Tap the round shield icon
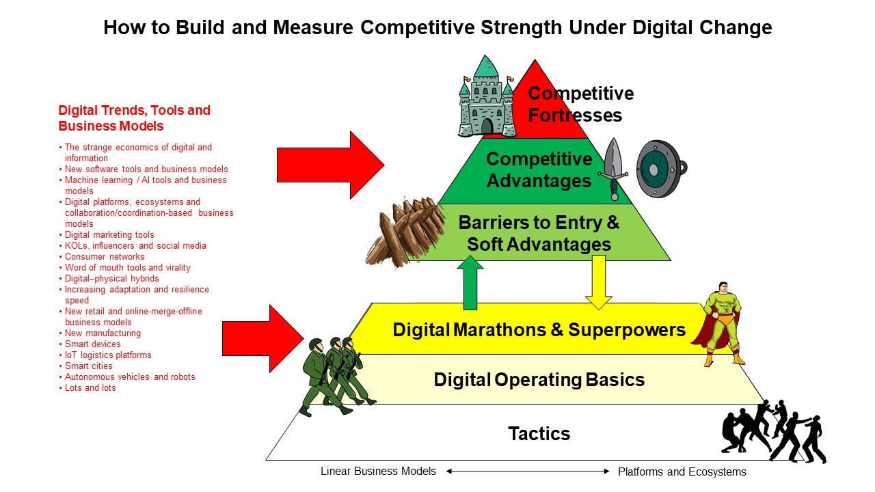(661, 169)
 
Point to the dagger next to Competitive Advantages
(613, 169)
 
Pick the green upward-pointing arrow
(470, 283)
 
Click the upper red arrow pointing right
(330, 165)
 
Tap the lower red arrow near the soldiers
(263, 338)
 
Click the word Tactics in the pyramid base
(539, 433)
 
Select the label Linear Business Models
(378, 471)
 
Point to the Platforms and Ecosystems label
(682, 471)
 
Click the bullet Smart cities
(88, 366)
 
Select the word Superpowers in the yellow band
(627, 330)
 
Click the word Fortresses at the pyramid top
(575, 115)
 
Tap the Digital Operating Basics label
(539, 380)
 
